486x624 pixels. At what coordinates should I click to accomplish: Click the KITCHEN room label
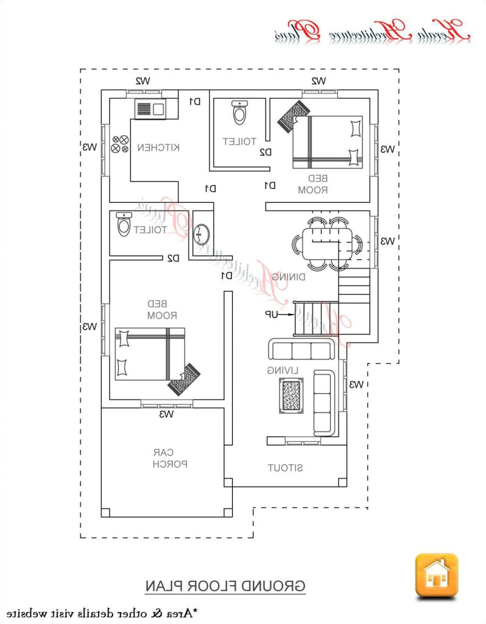tap(158, 147)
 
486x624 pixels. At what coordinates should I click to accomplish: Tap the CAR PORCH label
tap(163, 458)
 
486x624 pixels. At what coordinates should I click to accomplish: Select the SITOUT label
tap(286, 467)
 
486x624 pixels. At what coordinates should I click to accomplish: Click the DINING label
tap(289, 277)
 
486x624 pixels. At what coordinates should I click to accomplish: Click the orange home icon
tap(436, 575)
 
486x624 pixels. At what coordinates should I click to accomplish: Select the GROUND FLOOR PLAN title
tap(225, 586)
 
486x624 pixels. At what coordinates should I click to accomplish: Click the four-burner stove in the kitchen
tap(120, 144)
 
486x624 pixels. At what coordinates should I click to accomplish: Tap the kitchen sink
tap(150, 109)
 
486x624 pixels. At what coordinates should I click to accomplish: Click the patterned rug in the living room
tap(292, 397)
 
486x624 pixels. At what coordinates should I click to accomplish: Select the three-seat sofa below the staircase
tap(301, 350)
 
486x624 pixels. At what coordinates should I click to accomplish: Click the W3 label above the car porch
tap(167, 414)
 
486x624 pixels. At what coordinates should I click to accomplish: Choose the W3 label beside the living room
tap(356, 384)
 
